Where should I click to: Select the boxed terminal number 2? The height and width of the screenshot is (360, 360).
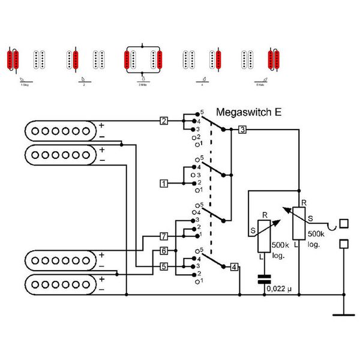tap(164, 121)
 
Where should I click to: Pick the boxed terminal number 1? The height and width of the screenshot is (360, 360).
tap(164, 182)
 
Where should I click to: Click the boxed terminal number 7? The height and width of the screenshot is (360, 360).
tap(164, 236)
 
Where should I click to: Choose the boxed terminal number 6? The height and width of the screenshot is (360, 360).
tap(164, 251)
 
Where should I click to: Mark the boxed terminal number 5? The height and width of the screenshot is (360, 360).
tap(164, 266)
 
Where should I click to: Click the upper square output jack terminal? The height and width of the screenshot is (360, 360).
tap(344, 224)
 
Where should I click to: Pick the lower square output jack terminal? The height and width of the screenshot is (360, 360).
tap(344, 244)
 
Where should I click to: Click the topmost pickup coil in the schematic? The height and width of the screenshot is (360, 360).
tap(61, 130)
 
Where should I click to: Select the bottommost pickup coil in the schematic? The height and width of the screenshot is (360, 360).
tap(61, 283)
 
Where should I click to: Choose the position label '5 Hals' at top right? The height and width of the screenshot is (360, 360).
tap(261, 85)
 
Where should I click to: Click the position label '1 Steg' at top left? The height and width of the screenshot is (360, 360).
tap(24, 85)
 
